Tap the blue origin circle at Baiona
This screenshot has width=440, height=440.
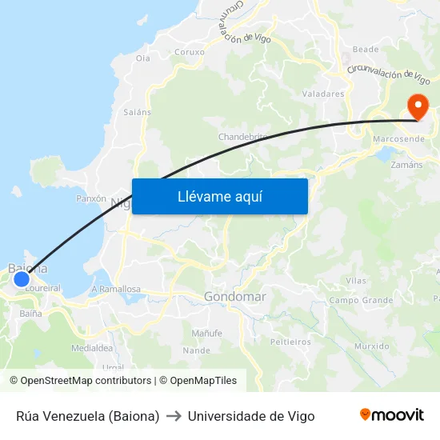[22, 279]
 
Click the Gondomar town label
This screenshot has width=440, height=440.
[234, 297]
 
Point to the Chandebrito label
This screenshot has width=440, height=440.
[242, 137]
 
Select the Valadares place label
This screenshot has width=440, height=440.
[323, 94]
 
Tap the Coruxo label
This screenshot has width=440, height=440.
[190, 53]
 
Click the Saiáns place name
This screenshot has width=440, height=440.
[137, 112]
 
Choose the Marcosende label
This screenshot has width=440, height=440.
[398, 139]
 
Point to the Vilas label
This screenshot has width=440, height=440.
[356, 281]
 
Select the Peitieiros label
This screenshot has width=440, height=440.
[290, 342]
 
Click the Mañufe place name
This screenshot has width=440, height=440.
[207, 333]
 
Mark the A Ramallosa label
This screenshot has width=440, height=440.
[116, 290]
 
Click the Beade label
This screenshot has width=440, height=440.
[366, 49]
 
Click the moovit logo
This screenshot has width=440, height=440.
[391, 415]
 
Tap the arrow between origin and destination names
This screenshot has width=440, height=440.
[174, 416]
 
